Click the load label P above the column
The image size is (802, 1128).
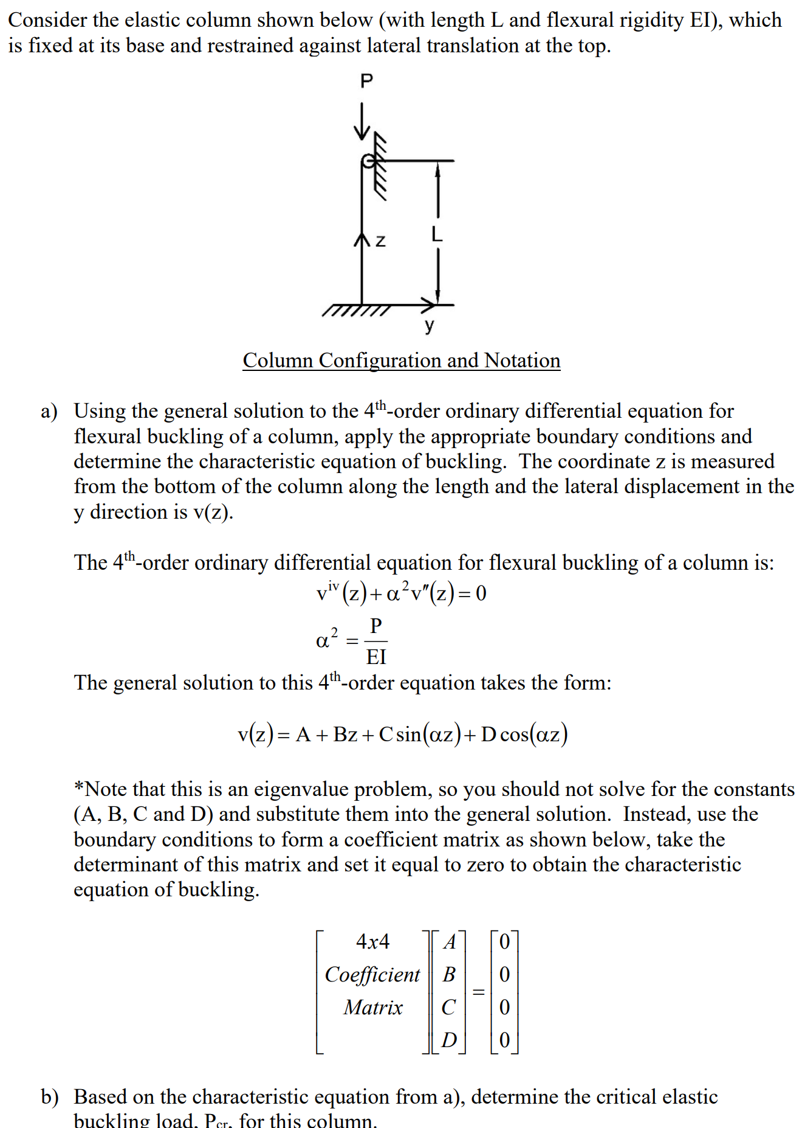pyautogui.click(x=366, y=80)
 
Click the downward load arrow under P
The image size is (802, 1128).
pyautogui.click(x=362, y=122)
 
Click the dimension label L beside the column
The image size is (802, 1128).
pyautogui.click(x=436, y=234)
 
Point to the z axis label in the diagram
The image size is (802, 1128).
pyautogui.click(x=380, y=241)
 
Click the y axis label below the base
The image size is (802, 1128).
pyautogui.click(x=430, y=325)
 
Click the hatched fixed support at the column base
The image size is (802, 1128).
pyautogui.click(x=356, y=311)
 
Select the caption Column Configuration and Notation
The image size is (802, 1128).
pyautogui.click(x=401, y=361)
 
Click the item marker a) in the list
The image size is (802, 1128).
pyautogui.click(x=49, y=412)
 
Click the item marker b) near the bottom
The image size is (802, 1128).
pyautogui.click(x=50, y=1097)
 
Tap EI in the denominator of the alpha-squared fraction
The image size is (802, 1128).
pyautogui.click(x=376, y=657)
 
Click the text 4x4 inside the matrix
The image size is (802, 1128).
pyautogui.click(x=372, y=942)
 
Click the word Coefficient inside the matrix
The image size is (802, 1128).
pyautogui.click(x=372, y=975)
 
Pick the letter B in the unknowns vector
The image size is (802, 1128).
pyautogui.click(x=449, y=975)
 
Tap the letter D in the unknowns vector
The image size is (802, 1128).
pyautogui.click(x=449, y=1040)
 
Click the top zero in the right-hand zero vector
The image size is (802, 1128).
pyautogui.click(x=504, y=942)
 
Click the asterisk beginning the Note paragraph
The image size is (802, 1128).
pyautogui.click(x=79, y=788)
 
